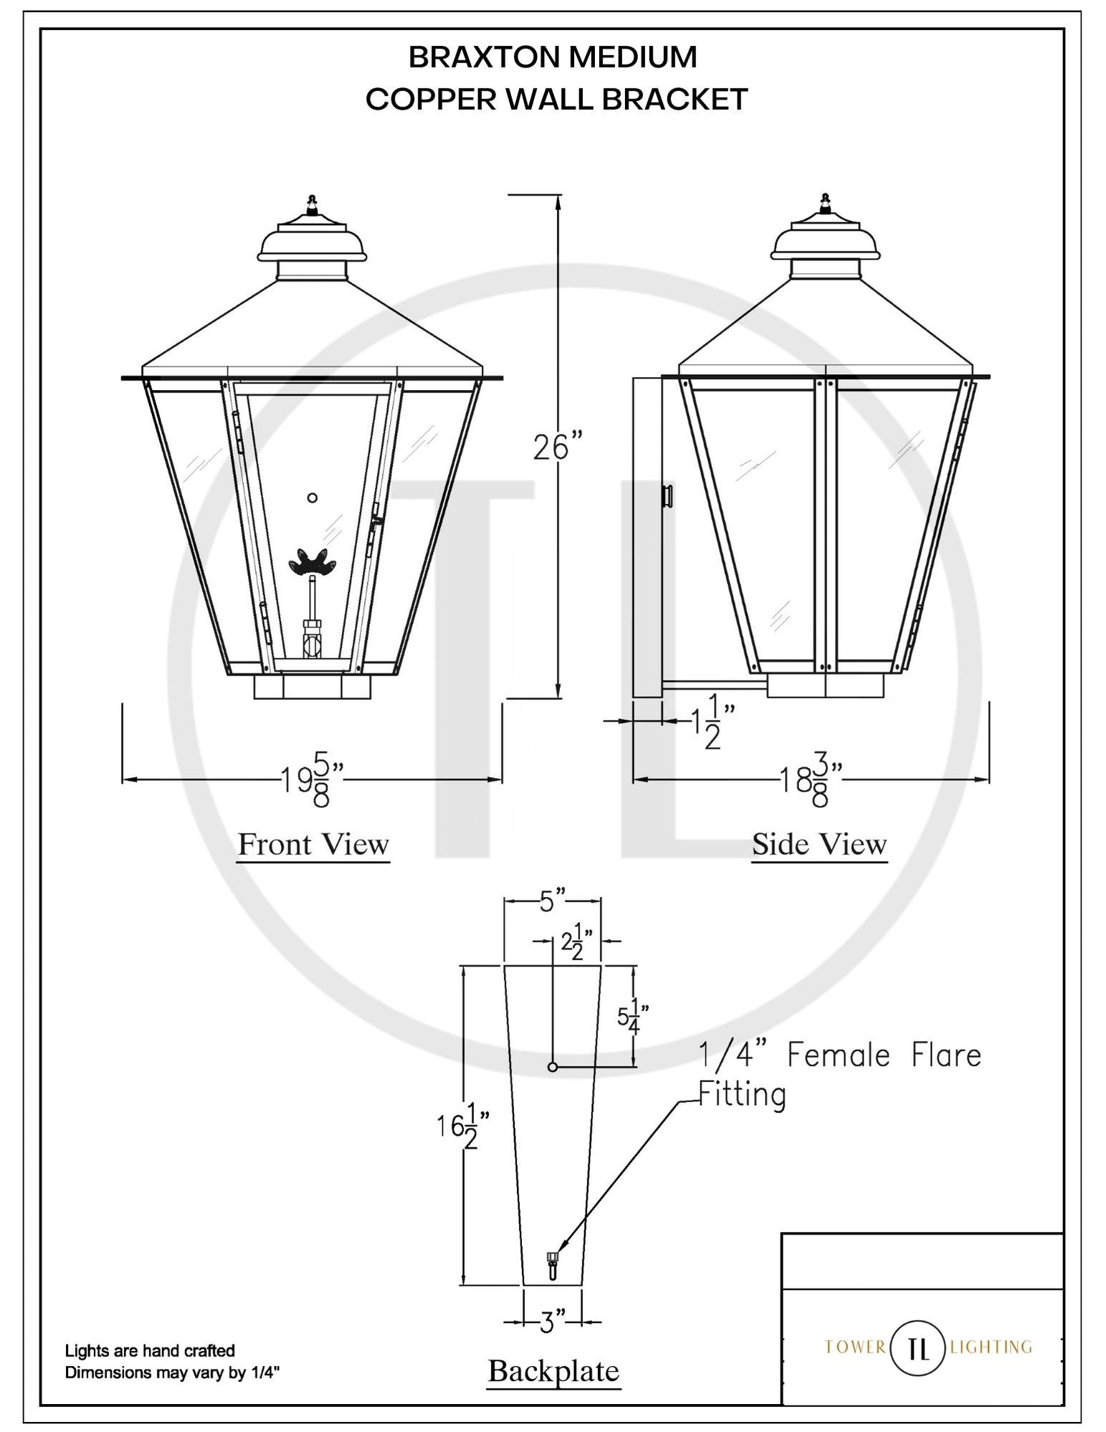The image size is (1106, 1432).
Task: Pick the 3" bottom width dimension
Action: pos(550,1322)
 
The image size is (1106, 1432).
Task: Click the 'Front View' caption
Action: pos(313,844)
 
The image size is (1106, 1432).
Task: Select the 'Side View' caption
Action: pos(819,844)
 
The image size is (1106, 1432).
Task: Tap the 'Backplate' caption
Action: pos(553,1370)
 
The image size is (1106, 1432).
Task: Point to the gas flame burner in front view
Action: pos(312,561)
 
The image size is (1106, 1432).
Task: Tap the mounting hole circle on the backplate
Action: pos(552,1067)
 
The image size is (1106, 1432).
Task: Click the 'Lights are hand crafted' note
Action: pos(150,1351)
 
